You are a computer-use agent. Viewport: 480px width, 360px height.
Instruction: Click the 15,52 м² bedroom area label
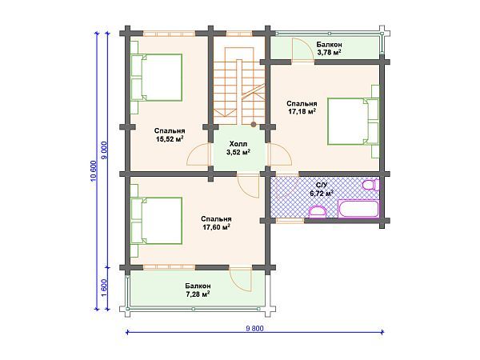(170, 135)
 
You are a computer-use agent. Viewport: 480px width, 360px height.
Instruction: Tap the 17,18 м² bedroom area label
(302, 107)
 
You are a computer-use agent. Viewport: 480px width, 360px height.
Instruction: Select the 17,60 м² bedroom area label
(216, 223)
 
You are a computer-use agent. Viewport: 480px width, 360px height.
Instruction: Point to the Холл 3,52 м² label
(238, 148)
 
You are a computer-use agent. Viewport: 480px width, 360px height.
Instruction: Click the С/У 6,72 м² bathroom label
(322, 189)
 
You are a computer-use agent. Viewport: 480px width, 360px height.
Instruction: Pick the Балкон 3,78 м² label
(329, 48)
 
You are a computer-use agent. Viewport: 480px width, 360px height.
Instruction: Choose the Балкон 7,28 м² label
(198, 290)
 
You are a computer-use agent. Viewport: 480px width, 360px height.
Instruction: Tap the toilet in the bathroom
(370, 186)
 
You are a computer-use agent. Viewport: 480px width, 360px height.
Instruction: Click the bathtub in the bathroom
(358, 209)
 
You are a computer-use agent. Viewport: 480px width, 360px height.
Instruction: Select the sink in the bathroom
(317, 211)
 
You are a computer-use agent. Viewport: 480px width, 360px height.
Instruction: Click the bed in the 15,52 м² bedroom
(157, 78)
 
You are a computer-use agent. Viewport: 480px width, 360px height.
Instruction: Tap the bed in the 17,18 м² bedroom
(354, 122)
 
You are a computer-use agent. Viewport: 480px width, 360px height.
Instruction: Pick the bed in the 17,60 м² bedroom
(157, 221)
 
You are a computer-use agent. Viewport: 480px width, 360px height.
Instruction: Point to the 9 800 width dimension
(254, 332)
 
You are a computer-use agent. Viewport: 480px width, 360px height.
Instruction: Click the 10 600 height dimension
(98, 171)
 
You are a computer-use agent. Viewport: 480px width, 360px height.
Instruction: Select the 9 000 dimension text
(104, 150)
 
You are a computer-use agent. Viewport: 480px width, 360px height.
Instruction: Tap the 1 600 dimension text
(104, 288)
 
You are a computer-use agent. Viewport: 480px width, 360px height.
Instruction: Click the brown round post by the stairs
(254, 124)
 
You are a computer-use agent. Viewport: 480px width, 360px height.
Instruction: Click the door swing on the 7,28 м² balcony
(240, 279)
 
